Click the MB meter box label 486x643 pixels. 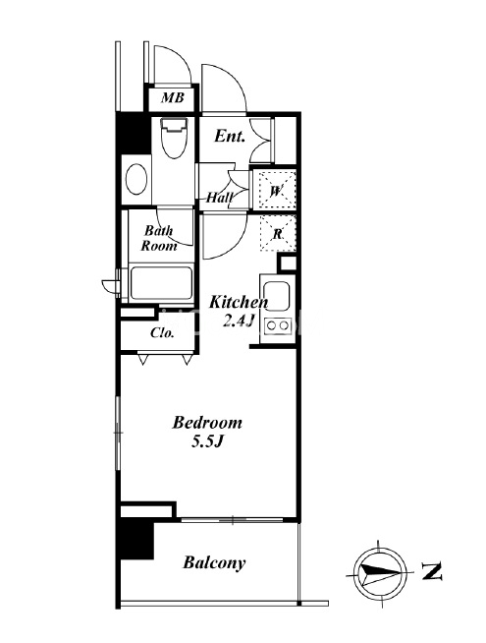173,98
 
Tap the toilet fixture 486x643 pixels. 174,138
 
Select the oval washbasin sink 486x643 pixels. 136,179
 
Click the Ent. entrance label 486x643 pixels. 230,136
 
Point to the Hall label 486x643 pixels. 219,198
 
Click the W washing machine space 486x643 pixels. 276,191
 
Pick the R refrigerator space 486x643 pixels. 278,233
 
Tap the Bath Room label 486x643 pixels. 159,238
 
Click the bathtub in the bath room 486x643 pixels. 161,284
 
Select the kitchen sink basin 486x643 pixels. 277,296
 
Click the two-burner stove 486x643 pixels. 278,325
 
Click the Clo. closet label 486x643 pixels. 162,332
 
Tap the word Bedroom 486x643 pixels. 207,423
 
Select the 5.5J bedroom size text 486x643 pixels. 207,440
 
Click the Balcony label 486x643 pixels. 214,562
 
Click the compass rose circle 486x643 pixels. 380,572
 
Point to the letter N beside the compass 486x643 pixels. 432,571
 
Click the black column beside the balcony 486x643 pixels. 136,539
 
